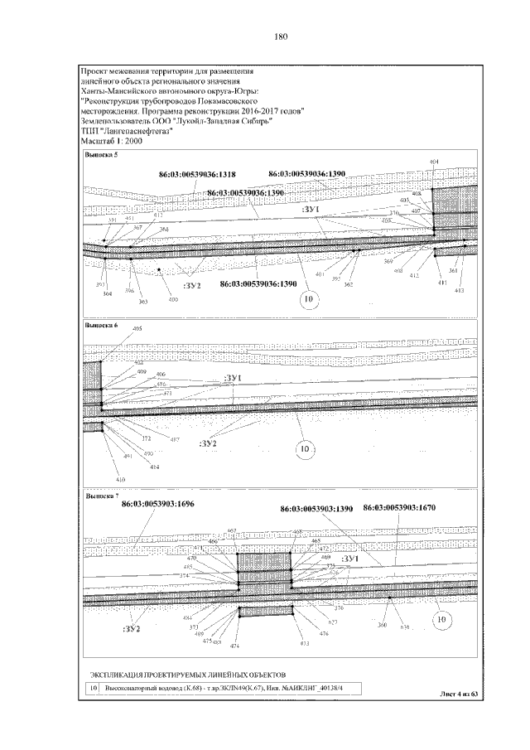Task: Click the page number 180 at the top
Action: (279, 36)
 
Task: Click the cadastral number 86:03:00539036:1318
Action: (197, 175)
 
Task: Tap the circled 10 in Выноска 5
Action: (310, 298)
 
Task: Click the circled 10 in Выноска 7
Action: (441, 618)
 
